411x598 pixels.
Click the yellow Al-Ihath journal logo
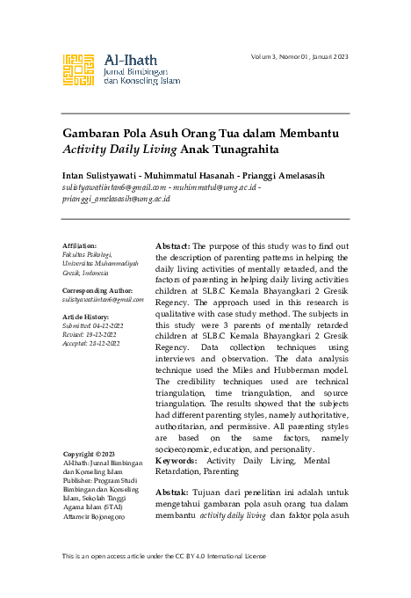[79, 70]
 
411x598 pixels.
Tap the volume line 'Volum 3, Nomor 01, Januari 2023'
[299, 56]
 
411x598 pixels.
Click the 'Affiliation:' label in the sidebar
[80, 245]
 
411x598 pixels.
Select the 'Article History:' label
[84, 316]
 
